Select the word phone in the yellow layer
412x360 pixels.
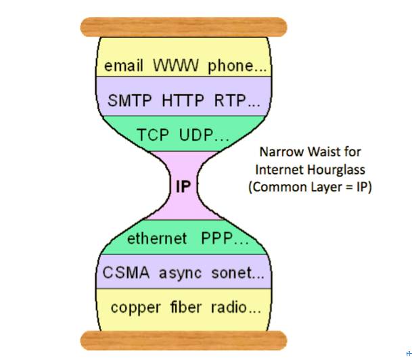[x=228, y=66]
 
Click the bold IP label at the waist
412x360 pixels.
[x=183, y=186]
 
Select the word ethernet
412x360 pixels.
[x=158, y=238]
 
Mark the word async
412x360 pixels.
[x=179, y=273]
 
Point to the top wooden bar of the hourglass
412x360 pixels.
[x=183, y=28]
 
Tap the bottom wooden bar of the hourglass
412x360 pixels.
[x=183, y=340]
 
